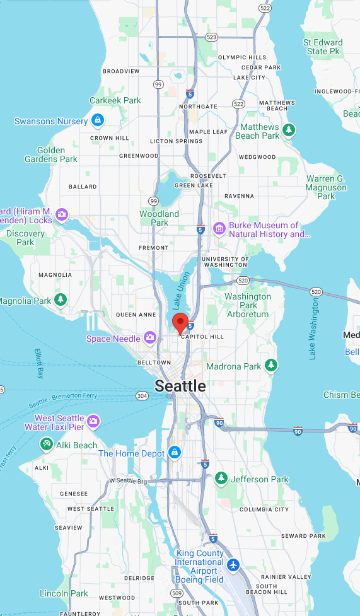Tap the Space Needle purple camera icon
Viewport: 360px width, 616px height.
150,339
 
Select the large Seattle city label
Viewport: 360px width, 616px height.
180,386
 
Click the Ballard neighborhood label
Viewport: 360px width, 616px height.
83,187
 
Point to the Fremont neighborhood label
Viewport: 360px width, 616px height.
154,248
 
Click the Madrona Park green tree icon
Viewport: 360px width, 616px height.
271,365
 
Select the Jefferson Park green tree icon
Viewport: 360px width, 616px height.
221,479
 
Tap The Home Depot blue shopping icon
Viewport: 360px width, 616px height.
175,453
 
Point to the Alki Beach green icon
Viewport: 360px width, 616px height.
46,445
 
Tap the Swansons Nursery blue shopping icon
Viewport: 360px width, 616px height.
97,120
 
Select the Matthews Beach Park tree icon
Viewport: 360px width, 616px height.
289,130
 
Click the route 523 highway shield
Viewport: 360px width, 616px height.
211,37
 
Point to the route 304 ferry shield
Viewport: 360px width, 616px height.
142,395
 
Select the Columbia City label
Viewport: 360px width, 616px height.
264,509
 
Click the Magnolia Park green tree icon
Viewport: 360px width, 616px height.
61,299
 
